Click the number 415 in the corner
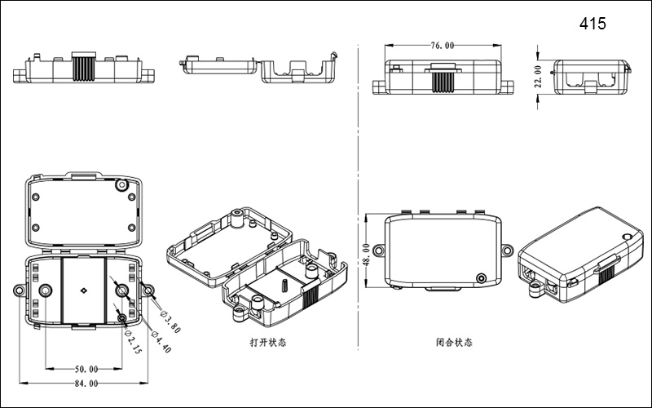[x=593, y=24]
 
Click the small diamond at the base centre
[x=83, y=290]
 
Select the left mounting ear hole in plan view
[x=18, y=290]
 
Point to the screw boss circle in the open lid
[x=122, y=184]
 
